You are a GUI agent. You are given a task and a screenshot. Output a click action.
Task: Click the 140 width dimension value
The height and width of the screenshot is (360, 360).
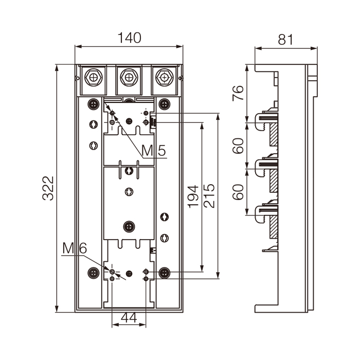[129, 38]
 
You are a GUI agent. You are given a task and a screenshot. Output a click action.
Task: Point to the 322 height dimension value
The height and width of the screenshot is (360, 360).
[47, 189]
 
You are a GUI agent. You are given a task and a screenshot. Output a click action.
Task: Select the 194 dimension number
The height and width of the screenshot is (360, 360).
[193, 196]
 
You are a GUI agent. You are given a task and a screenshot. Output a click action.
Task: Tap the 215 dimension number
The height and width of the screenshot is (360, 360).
[210, 196]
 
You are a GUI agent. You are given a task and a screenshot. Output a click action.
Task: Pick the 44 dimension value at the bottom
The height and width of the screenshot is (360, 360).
[129, 318]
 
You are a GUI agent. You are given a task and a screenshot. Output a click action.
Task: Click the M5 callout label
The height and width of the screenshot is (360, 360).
[154, 151]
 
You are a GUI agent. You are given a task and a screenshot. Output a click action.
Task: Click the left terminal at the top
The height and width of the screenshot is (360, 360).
[94, 78]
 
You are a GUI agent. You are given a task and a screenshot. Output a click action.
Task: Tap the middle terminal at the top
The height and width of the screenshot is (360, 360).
[129, 78]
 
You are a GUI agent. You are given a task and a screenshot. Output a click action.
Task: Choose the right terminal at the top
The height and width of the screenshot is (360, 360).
[164, 78]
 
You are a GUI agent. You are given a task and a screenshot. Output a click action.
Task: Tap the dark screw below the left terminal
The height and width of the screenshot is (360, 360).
[93, 103]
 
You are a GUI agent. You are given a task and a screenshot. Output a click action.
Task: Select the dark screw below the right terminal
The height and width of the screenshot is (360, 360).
[165, 103]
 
